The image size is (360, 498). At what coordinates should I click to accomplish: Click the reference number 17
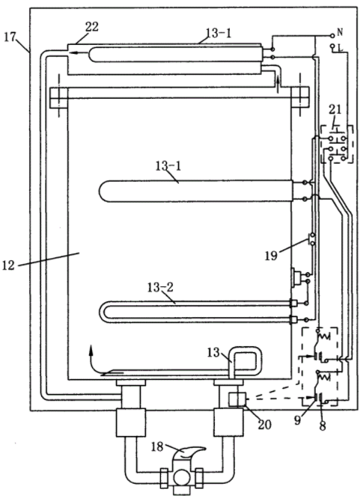pos(10,37)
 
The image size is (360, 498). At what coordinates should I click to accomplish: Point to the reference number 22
pos(92,27)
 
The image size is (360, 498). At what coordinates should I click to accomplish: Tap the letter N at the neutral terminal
pos(340,32)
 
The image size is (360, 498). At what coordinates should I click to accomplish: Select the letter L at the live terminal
pos(341,48)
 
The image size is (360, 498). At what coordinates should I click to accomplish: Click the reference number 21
pos(335,110)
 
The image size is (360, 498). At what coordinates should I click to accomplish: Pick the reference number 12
pos(8,265)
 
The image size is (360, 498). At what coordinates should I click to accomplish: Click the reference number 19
pos(271,255)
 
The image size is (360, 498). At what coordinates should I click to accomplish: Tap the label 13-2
pos(160,287)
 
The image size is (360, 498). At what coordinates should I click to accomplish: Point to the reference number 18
pos(157,447)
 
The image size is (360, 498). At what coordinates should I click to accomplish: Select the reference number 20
pos(265,424)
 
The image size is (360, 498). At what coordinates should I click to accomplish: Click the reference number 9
pos(297,420)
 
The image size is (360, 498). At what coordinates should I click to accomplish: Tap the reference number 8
pos(323,425)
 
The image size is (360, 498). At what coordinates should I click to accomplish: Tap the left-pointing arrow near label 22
pos(78,53)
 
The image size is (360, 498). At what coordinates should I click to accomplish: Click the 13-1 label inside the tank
pos(168,166)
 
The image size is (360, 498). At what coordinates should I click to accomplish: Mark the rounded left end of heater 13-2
pos(102,313)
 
